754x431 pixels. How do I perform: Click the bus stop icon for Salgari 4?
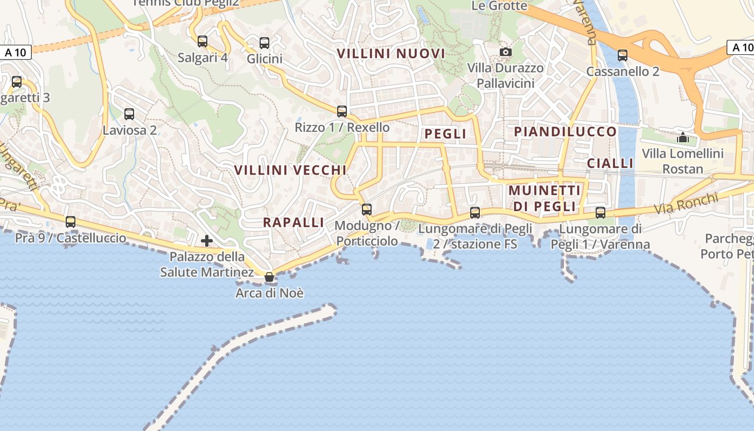point(203,41)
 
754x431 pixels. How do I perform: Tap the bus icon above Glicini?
point(264,43)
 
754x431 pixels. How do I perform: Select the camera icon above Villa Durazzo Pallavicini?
point(505,52)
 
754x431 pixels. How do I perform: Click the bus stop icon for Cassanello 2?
point(623,55)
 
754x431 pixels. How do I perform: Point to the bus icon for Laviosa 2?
point(129,114)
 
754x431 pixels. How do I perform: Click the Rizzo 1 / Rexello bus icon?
point(342,112)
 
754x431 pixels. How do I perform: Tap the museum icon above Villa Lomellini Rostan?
point(682,137)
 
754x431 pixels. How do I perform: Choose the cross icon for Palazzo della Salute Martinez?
point(206,241)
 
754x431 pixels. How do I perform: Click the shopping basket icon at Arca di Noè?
point(269,277)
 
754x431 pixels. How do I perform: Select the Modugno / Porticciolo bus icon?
point(367,210)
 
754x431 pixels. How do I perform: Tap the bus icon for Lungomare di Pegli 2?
point(475,213)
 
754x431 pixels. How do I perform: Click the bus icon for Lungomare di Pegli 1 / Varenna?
point(601,213)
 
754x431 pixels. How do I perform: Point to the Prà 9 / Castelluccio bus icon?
point(71,222)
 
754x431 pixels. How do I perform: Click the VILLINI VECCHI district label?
point(290,170)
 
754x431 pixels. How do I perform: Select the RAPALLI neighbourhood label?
point(294,223)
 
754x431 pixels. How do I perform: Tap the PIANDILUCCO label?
point(565,132)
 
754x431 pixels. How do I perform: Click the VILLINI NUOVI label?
point(391,54)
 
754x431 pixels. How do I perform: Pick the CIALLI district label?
point(610,163)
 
